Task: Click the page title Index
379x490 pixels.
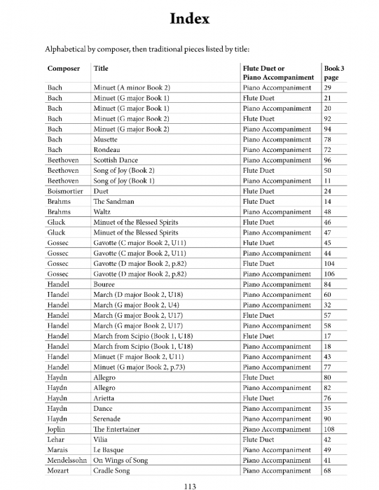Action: tap(189, 19)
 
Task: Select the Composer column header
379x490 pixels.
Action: tap(64, 68)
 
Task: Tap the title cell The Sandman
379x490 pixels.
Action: tap(113, 202)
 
